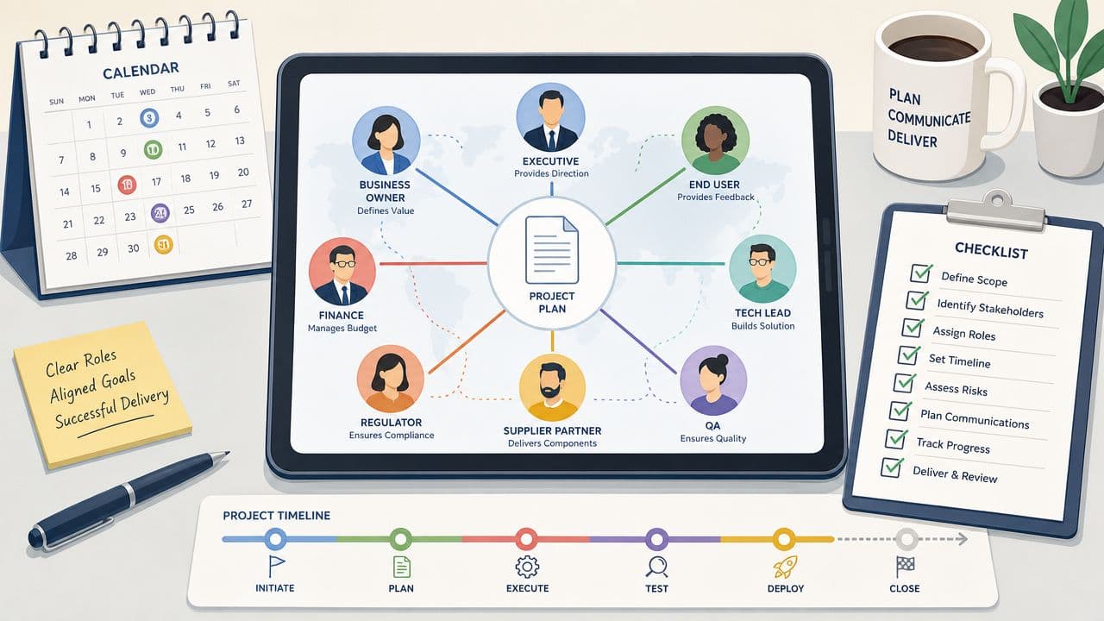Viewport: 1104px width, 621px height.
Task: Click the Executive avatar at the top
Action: click(551, 117)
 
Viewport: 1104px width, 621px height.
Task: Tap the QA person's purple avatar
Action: click(713, 380)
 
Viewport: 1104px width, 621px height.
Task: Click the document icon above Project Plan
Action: click(551, 250)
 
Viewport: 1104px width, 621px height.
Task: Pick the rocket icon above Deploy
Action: click(785, 567)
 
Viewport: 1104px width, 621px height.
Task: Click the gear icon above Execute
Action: click(527, 567)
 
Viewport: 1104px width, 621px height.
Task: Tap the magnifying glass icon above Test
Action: click(656, 567)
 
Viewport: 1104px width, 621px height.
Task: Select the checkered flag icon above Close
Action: click(905, 567)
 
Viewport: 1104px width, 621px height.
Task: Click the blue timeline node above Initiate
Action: click(275, 539)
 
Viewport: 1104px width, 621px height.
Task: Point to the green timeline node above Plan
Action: click(401, 539)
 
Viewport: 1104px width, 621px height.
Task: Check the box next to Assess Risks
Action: click(905, 382)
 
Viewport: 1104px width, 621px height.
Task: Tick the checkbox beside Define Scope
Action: click(920, 273)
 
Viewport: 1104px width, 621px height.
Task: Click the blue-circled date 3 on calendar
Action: click(149, 118)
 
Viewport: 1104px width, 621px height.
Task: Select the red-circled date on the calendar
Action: click(127, 185)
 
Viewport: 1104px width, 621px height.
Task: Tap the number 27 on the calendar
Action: click(247, 204)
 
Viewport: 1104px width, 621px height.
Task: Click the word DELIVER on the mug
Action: click(912, 139)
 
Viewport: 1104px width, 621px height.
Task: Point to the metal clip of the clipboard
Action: click(996, 211)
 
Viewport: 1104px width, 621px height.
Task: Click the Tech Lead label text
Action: click(762, 313)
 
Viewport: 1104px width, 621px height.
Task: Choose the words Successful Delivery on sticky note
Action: click(112, 409)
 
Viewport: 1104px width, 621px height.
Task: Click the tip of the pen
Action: click(229, 452)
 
